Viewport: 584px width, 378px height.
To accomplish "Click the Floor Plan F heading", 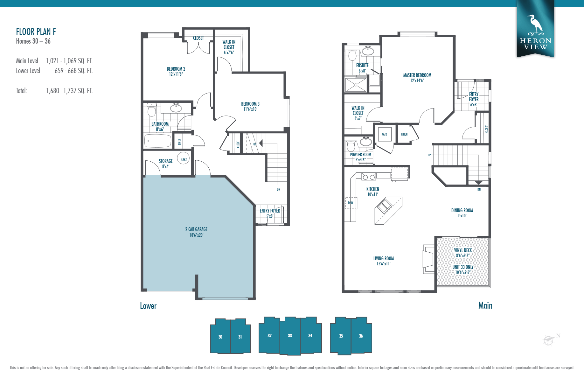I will pyautogui.click(x=36, y=32).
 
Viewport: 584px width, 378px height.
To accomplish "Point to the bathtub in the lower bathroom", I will pyautogui.click(x=158, y=141).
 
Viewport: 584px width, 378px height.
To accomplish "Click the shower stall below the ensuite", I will pyautogui.click(x=356, y=85).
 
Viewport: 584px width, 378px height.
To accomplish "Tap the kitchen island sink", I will pyautogui.click(x=384, y=206).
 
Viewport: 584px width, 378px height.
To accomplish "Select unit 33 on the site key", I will pyautogui.click(x=290, y=336).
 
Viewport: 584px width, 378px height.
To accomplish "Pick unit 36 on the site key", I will pyautogui.click(x=361, y=336).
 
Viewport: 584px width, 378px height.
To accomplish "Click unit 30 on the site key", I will pyautogui.click(x=220, y=337).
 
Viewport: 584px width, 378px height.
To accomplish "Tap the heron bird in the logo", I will pyautogui.click(x=535, y=24).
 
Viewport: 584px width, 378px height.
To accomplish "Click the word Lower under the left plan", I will pyautogui.click(x=148, y=306).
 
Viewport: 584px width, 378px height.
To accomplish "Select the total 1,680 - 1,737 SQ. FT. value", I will pyautogui.click(x=69, y=91).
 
